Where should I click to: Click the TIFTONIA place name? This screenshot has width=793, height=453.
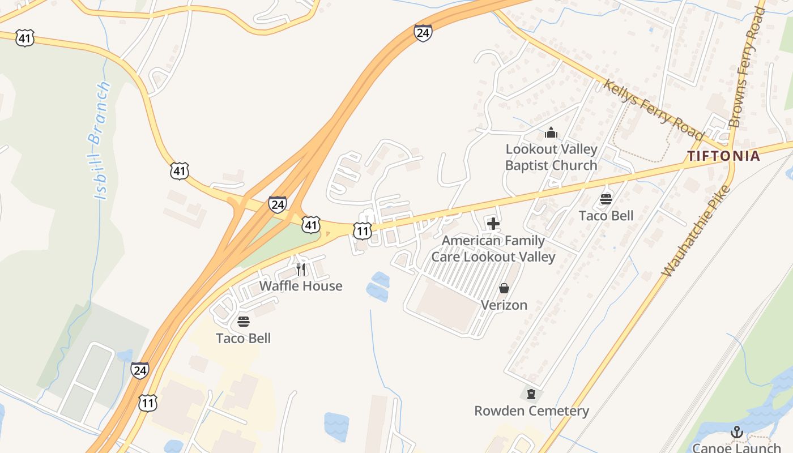click(723, 156)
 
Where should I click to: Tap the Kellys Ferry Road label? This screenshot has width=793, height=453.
click(653, 110)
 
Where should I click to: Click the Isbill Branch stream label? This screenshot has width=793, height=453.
click(101, 140)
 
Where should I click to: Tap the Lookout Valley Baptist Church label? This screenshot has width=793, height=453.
click(551, 157)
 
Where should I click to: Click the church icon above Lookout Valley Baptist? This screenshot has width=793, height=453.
click(551, 133)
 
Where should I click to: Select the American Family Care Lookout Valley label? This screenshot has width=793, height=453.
click(493, 249)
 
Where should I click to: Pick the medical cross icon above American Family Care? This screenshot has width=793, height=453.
click(493, 224)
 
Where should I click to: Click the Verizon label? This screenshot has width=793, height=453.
click(504, 305)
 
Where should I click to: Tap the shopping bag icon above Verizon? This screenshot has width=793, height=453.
click(504, 289)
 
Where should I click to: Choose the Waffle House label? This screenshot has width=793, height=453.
click(301, 286)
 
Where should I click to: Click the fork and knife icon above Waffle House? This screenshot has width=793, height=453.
click(301, 269)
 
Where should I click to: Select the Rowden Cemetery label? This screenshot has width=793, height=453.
click(531, 411)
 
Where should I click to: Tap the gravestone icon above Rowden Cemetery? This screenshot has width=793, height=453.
click(531, 394)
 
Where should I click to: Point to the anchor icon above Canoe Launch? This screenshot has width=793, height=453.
click(736, 433)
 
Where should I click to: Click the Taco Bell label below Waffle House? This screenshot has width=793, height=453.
click(244, 339)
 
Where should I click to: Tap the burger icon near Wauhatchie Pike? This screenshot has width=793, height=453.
click(606, 199)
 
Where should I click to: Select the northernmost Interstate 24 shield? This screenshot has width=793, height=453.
click(423, 33)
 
